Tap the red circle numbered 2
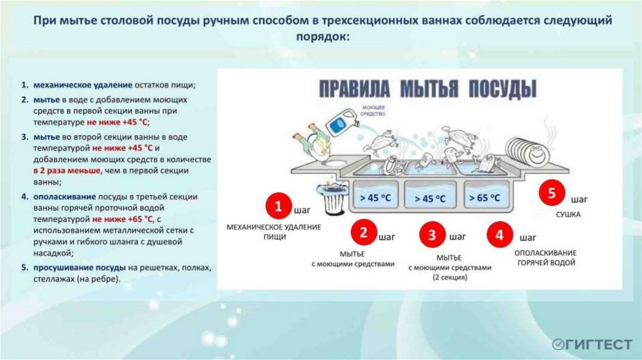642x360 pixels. (x=363, y=233)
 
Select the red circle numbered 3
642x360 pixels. (x=432, y=236)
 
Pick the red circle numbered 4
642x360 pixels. (x=500, y=235)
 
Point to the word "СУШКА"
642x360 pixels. (x=567, y=214)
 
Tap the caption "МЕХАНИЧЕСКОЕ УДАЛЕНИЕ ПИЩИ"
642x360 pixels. (x=273, y=231)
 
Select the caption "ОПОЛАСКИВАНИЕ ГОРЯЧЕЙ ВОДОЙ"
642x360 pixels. (x=545, y=258)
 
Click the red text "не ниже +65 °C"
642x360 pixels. (x=122, y=219)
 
